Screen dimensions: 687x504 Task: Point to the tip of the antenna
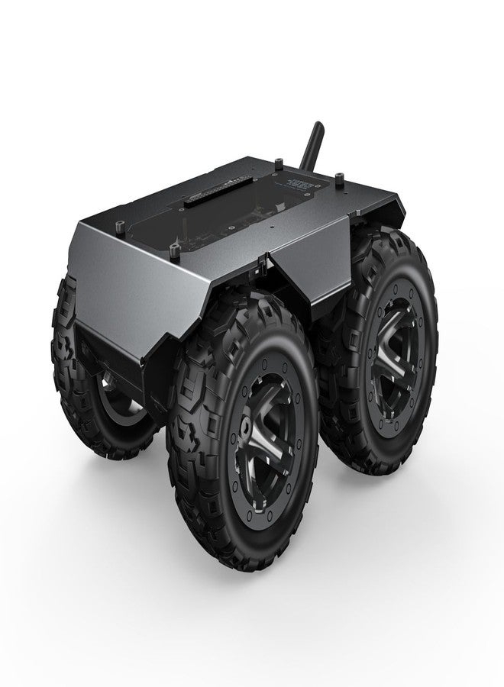point(313,123)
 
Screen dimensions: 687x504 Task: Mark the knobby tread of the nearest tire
point(191,458)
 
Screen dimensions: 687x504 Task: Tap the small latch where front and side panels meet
point(264,266)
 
